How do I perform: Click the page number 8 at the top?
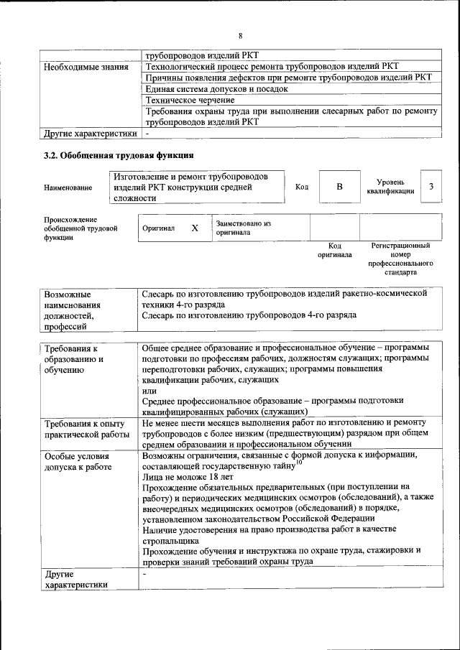[241, 35]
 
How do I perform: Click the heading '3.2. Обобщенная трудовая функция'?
[118, 154]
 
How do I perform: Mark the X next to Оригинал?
[194, 228]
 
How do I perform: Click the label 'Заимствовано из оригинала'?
[243, 228]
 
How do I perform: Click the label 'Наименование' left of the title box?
[68, 188]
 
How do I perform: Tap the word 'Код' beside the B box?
[302, 187]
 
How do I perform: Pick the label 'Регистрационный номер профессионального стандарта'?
[400, 259]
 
